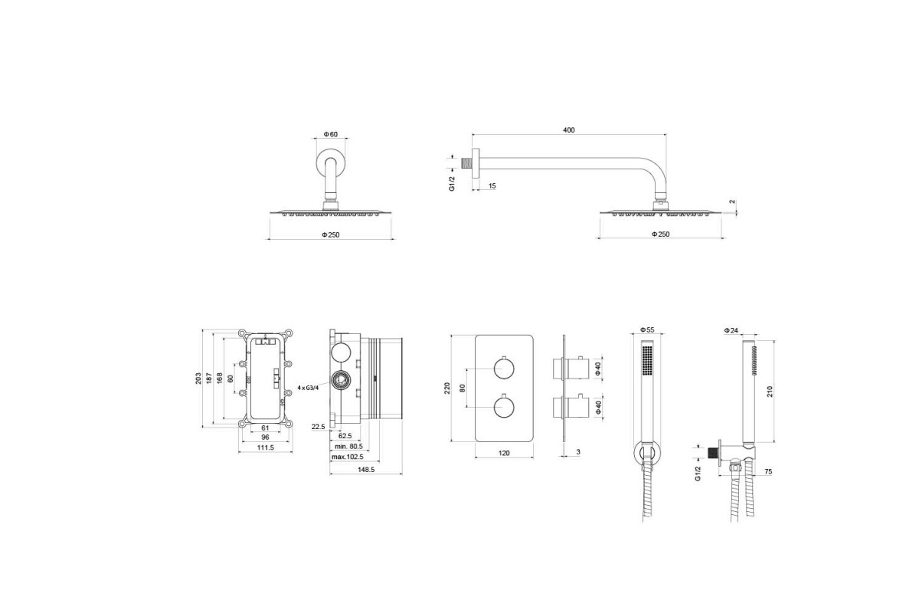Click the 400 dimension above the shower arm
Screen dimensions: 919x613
click(x=568, y=130)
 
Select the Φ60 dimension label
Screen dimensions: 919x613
click(x=330, y=134)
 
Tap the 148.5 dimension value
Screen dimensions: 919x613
click(x=366, y=470)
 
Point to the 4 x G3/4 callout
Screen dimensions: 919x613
click(x=308, y=388)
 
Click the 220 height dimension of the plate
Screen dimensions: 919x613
click(x=447, y=388)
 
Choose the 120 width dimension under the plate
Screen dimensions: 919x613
click(x=504, y=453)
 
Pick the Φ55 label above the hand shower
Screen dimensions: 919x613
click(x=647, y=329)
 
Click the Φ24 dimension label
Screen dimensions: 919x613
click(x=731, y=330)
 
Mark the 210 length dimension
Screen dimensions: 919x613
click(x=770, y=392)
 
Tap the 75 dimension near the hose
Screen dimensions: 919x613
click(x=768, y=472)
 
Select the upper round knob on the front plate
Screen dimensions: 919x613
click(x=504, y=369)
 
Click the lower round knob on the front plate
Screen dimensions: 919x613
click(x=504, y=407)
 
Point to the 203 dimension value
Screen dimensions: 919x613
click(x=198, y=379)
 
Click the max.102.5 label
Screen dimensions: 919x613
click(x=348, y=457)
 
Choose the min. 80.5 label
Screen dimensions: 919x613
click(x=348, y=446)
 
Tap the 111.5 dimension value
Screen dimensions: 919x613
click(x=266, y=447)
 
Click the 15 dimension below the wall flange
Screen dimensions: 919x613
click(x=492, y=185)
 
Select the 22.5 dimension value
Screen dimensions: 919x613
click(x=318, y=427)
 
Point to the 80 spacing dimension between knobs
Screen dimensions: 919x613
click(x=463, y=388)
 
